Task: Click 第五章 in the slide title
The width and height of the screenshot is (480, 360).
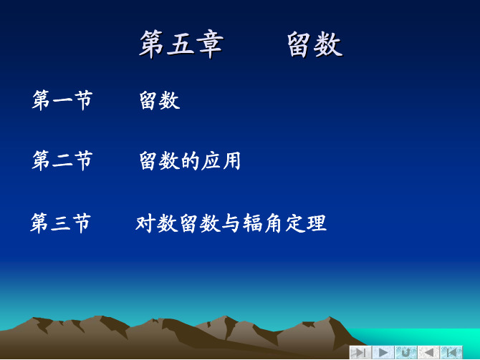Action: coord(181,44)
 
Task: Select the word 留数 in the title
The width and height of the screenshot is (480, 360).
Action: coord(315,44)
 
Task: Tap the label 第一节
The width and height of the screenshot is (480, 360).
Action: coord(62,100)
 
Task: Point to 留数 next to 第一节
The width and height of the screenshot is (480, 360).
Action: coord(160,100)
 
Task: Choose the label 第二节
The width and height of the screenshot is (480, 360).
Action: coord(62,160)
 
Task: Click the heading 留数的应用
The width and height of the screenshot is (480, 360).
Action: coord(190,160)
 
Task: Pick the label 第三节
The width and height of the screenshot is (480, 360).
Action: coord(61,223)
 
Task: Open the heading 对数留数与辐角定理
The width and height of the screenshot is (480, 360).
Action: coord(231,223)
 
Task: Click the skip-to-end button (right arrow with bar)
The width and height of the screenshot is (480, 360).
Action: coord(360,352)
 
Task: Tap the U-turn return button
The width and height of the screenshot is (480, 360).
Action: coord(406,352)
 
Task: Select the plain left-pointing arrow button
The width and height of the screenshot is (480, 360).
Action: coord(428,352)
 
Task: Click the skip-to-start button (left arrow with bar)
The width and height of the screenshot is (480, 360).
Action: coord(451,352)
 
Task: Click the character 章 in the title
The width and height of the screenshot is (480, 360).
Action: coord(210,44)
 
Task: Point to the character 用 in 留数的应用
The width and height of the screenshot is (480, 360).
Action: coord(231,160)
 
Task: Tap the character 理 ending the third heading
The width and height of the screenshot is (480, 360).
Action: coord(317,223)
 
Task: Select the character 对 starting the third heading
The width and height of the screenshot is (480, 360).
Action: coord(145,223)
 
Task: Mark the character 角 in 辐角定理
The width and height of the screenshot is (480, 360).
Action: coord(274,223)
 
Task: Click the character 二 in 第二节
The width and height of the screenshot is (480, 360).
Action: coord(62,161)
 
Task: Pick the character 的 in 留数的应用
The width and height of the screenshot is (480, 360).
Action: coord(190,160)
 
